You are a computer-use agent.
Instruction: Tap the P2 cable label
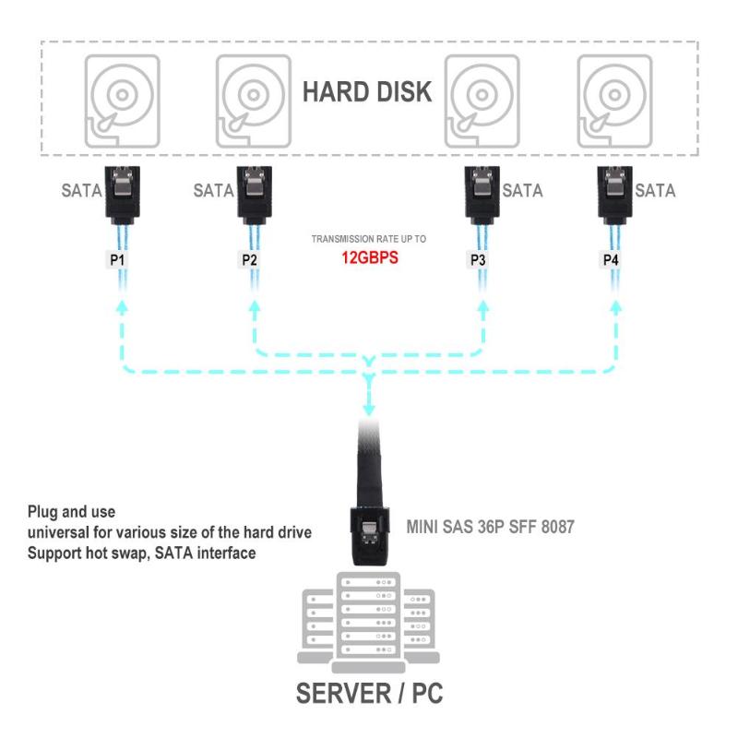(x=250, y=260)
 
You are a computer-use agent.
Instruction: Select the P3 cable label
(x=477, y=260)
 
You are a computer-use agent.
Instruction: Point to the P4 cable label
(x=612, y=260)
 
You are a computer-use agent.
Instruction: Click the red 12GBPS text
(x=367, y=258)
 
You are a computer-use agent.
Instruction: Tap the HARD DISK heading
(x=367, y=92)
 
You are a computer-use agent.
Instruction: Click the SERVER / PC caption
(x=369, y=694)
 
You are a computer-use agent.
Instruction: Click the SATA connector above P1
(x=123, y=191)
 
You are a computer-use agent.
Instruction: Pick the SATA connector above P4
(x=615, y=191)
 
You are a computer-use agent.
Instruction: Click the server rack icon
(x=368, y=620)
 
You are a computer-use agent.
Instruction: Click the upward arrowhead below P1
(x=120, y=309)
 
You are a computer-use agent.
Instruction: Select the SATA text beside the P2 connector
(x=213, y=192)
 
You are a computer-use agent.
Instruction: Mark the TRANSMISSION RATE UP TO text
(x=368, y=239)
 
